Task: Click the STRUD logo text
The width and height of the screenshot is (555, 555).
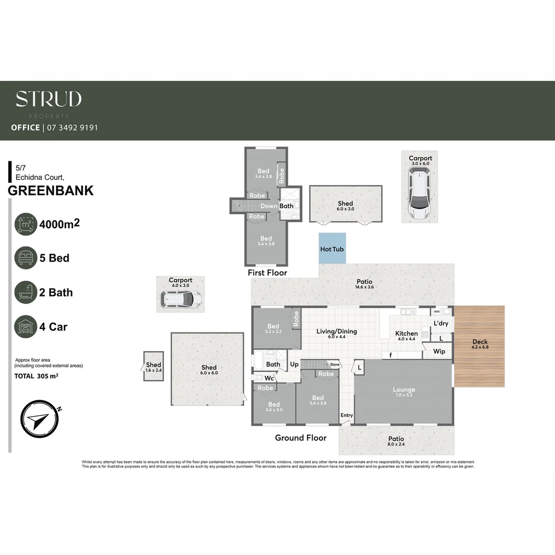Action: [x=48, y=99]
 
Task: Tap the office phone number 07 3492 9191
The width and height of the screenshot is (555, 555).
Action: [x=72, y=127]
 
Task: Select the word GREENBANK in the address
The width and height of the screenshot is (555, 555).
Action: [x=51, y=191]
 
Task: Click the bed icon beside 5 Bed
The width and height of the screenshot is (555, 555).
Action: [x=26, y=258]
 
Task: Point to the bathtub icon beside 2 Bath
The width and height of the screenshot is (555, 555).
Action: [x=26, y=292]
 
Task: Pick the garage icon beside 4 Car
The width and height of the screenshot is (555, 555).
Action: [x=26, y=327]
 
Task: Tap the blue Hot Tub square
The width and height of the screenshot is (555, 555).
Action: [x=332, y=249]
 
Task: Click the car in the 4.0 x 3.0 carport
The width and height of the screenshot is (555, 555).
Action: [x=181, y=299]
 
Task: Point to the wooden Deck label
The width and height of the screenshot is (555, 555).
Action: [x=480, y=342]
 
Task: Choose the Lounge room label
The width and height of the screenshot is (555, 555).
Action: [x=403, y=390]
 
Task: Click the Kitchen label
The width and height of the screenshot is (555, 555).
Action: [x=406, y=334]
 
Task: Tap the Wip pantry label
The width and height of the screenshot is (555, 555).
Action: [x=439, y=351]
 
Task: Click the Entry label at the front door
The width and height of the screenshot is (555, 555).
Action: [x=347, y=415]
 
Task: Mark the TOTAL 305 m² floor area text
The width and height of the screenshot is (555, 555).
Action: [x=35, y=376]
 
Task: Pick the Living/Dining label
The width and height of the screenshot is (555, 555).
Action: [x=337, y=331]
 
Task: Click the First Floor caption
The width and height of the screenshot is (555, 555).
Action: [x=267, y=272]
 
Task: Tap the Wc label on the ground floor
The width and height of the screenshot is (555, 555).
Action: [x=269, y=378]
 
